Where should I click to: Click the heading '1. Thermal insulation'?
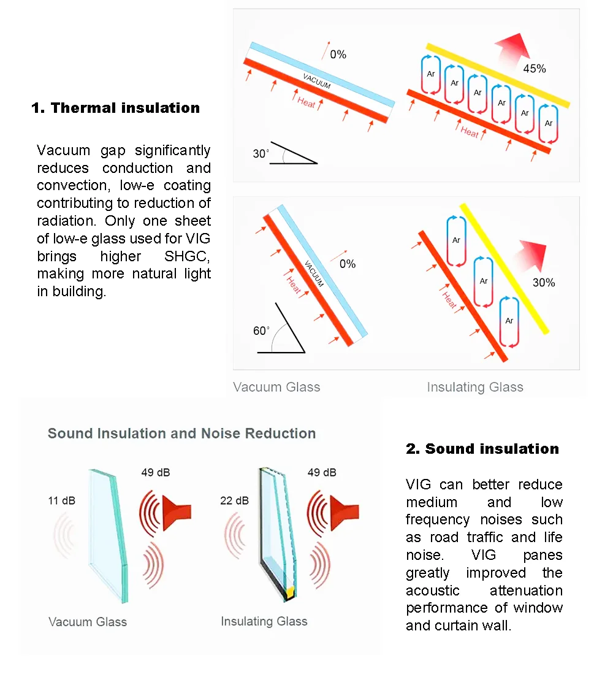click(115, 108)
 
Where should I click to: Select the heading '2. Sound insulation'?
click(482, 449)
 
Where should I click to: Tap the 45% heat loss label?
click(534, 69)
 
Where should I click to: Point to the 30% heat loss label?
click(543, 283)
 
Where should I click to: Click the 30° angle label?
click(261, 153)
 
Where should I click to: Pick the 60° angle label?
click(261, 331)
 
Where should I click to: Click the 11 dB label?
click(61, 501)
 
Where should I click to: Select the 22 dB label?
click(234, 501)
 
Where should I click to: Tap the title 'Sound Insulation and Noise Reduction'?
click(181, 434)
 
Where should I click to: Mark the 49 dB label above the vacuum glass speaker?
click(156, 472)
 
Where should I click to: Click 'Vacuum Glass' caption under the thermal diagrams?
click(276, 387)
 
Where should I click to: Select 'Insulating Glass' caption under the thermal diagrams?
click(475, 387)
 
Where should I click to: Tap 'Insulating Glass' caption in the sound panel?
click(264, 621)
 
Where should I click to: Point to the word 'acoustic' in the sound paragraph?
click(432, 591)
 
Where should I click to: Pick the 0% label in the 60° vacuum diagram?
click(347, 264)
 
